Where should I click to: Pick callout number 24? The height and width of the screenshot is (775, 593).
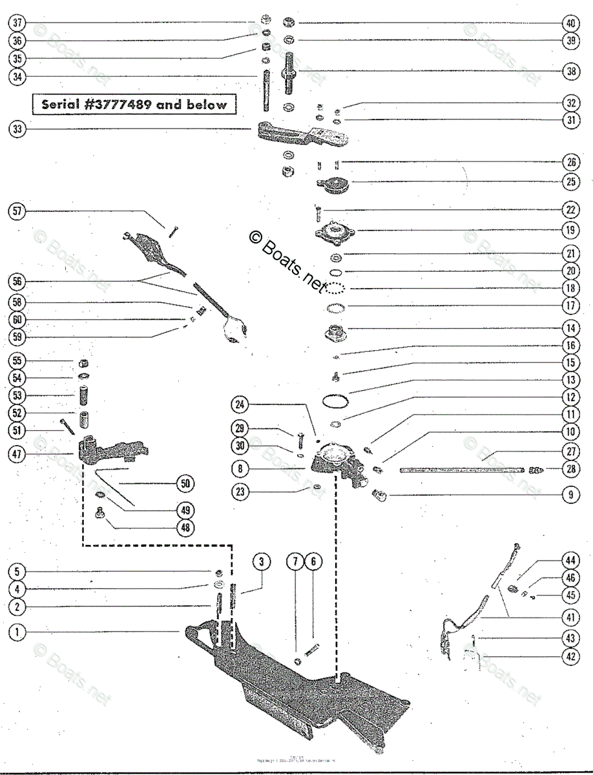[240, 405]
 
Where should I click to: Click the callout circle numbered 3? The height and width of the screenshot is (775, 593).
[261, 562]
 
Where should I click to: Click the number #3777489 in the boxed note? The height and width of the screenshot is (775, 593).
[123, 104]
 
